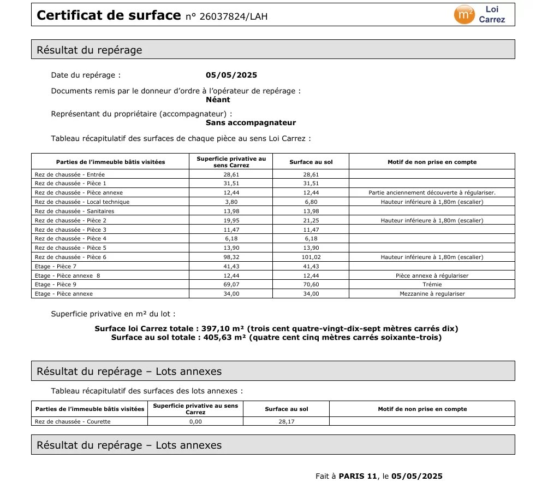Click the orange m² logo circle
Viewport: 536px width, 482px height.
pos(464,15)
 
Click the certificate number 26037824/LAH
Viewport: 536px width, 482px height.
pos(227,16)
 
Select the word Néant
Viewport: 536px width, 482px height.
pos(218,99)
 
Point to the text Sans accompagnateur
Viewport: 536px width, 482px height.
pos(251,123)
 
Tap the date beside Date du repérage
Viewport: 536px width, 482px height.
pos(231,75)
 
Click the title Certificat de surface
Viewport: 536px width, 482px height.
pos(108,15)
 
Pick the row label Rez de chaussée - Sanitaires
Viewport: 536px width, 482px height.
pos(74,211)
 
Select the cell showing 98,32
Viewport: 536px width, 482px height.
pos(231,257)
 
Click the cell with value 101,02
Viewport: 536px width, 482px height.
pos(311,257)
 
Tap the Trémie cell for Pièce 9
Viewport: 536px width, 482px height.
pos(432,285)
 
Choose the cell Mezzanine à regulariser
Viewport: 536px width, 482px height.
pos(432,294)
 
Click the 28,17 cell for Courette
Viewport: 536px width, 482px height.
pos(287,421)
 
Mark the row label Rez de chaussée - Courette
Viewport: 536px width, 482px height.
pos(73,421)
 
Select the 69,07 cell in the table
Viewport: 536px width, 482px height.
pos(231,285)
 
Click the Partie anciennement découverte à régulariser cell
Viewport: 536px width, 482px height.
pos(432,192)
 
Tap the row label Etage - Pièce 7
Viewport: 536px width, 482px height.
pos(56,266)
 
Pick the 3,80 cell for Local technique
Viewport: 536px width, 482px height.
pos(231,202)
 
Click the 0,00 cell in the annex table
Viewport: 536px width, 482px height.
pos(195,421)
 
